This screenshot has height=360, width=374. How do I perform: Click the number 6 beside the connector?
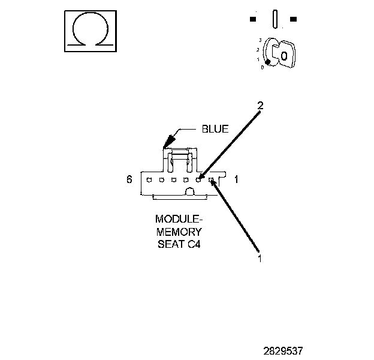coord(129,179)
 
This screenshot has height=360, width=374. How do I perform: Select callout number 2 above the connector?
coord(260,106)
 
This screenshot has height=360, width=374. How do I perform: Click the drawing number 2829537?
coord(291,348)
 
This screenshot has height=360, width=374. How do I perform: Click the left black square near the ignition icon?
coord(253,19)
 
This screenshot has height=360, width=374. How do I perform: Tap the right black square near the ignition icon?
coord(294,19)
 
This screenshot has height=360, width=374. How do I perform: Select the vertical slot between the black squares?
coord(273,19)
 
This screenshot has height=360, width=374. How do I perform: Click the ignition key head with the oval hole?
coord(285,55)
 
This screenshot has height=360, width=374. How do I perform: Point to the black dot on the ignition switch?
coord(268,61)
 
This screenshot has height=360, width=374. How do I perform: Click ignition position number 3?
coord(259,40)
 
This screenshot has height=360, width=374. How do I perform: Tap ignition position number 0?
coord(262,67)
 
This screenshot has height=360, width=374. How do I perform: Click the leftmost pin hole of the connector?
coord(149,179)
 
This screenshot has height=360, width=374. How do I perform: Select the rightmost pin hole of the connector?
coord(211,179)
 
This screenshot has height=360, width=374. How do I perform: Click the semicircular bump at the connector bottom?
coord(189,192)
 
